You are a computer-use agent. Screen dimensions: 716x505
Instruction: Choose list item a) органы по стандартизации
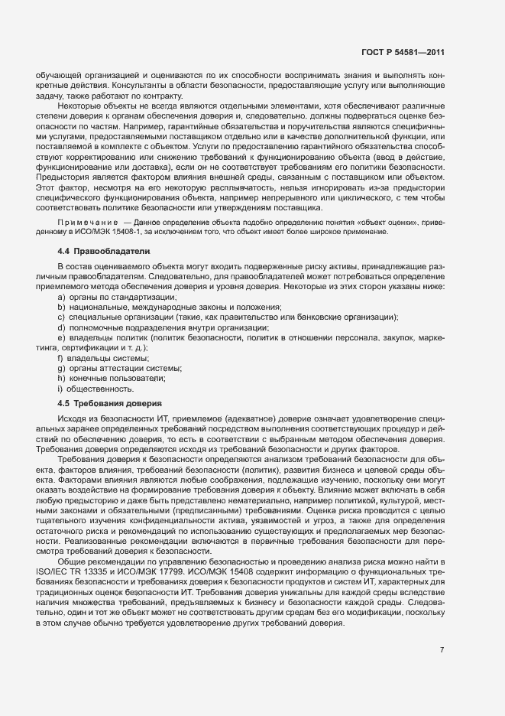click(x=116, y=296)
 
